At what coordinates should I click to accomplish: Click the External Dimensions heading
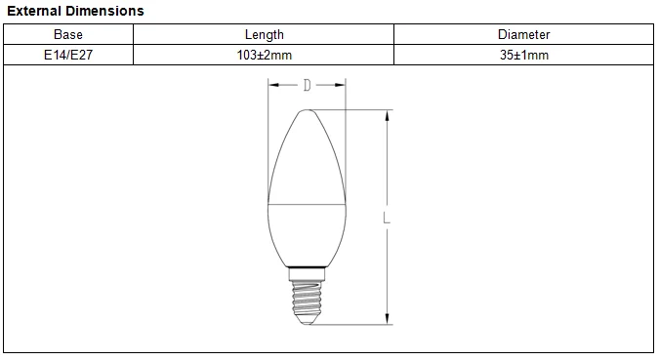pos(75,11)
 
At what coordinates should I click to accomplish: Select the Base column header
pos(68,34)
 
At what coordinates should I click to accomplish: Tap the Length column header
pos(265,34)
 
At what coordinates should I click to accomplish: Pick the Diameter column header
pos(523,34)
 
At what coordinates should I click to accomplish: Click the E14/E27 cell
pos(68,55)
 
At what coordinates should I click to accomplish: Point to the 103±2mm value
pos(265,55)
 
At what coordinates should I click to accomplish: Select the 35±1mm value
pos(524,55)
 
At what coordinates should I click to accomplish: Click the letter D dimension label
pos(308,85)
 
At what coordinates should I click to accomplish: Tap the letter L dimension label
pos(387,218)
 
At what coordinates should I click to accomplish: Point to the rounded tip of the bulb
pos(308,111)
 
